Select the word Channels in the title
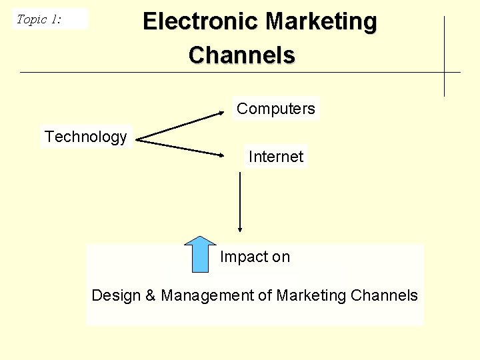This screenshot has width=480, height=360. tap(241, 55)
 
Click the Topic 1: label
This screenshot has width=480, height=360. tap(39, 19)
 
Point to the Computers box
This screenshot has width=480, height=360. tap(276, 109)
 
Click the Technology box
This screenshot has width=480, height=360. tap(86, 137)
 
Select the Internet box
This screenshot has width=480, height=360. tap(276, 157)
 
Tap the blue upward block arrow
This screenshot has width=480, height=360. tap(200, 255)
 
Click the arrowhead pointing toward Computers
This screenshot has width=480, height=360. tap(222, 113)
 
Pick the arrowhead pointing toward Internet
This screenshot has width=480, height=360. tap(222, 155)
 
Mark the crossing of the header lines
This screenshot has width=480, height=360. tap(445, 72)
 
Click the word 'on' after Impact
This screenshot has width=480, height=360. tap(281, 257)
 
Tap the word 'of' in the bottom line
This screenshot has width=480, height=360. tap(266, 295)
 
